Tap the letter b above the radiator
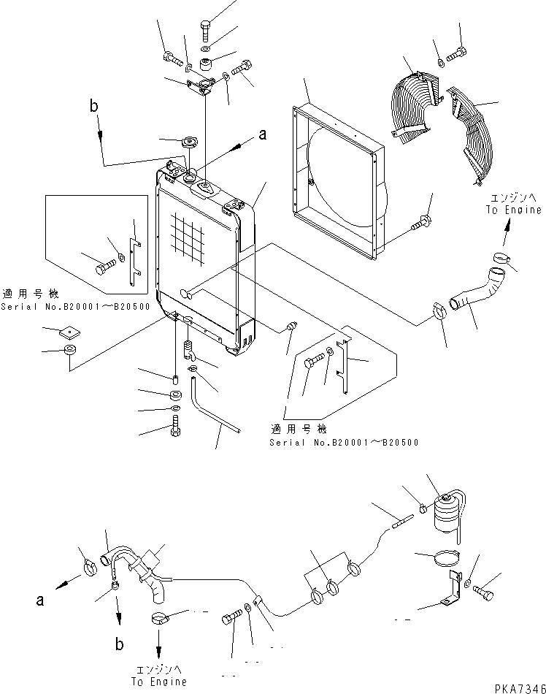pyautogui.click(x=94, y=107)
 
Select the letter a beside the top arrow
pyautogui.click(x=264, y=134)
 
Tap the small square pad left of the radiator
pyautogui.click(x=70, y=332)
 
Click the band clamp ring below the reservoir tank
pyautogui.click(x=442, y=560)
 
